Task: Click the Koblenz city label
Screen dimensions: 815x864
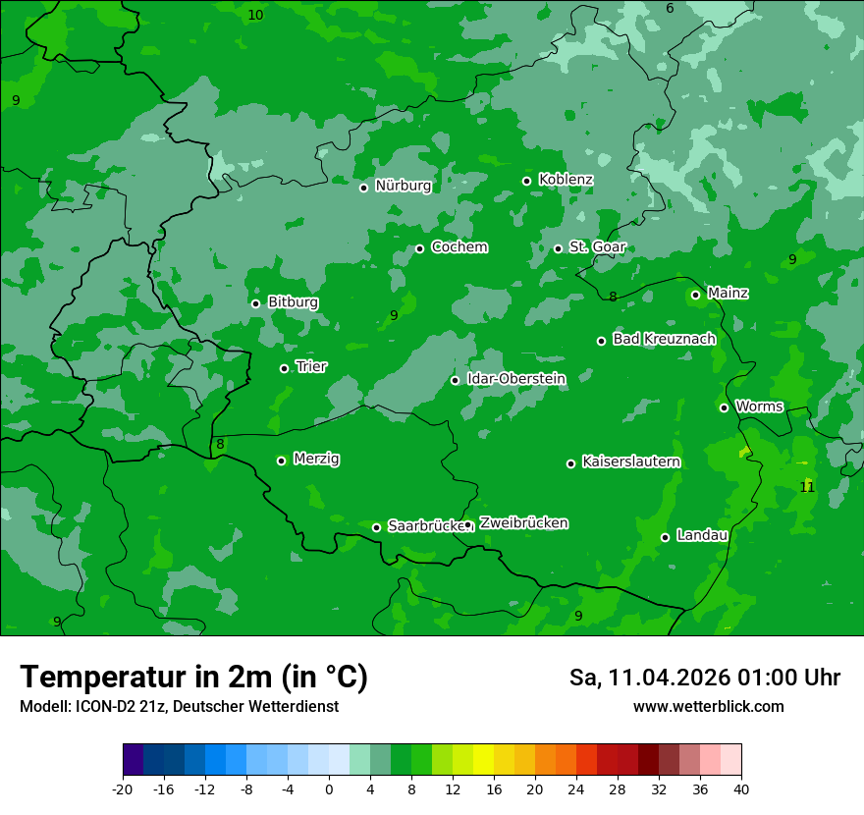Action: pyautogui.click(x=566, y=180)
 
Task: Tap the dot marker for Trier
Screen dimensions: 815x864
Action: pyautogui.click(x=284, y=368)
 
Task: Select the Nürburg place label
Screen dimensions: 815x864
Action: pyautogui.click(x=403, y=186)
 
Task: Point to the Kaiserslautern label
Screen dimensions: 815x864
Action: pyautogui.click(x=631, y=462)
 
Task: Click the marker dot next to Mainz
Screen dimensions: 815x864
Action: pyautogui.click(x=695, y=295)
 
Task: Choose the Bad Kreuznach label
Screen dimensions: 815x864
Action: pyautogui.click(x=664, y=339)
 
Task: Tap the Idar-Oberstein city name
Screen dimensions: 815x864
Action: pyautogui.click(x=515, y=378)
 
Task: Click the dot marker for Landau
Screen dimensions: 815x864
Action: pyautogui.click(x=665, y=537)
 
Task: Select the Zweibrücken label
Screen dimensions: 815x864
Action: pyautogui.click(x=523, y=523)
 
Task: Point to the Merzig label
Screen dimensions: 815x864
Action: pyautogui.click(x=316, y=459)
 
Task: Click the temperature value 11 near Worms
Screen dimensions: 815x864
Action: pyautogui.click(x=807, y=487)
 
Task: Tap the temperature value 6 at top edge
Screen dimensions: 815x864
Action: pyautogui.click(x=670, y=9)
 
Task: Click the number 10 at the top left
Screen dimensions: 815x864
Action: pyautogui.click(x=255, y=15)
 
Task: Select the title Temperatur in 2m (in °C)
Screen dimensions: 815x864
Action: pyautogui.click(x=193, y=677)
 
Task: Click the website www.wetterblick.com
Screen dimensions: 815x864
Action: pyautogui.click(x=708, y=707)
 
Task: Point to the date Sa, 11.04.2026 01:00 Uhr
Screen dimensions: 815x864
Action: pyautogui.click(x=704, y=678)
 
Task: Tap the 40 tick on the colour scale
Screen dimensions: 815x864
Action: pyautogui.click(x=740, y=789)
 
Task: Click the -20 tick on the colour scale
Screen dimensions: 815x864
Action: pyautogui.click(x=123, y=789)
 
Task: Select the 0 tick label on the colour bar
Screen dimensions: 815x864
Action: pyautogui.click(x=329, y=789)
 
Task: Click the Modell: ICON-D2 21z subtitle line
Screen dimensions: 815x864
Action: pyautogui.click(x=179, y=707)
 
